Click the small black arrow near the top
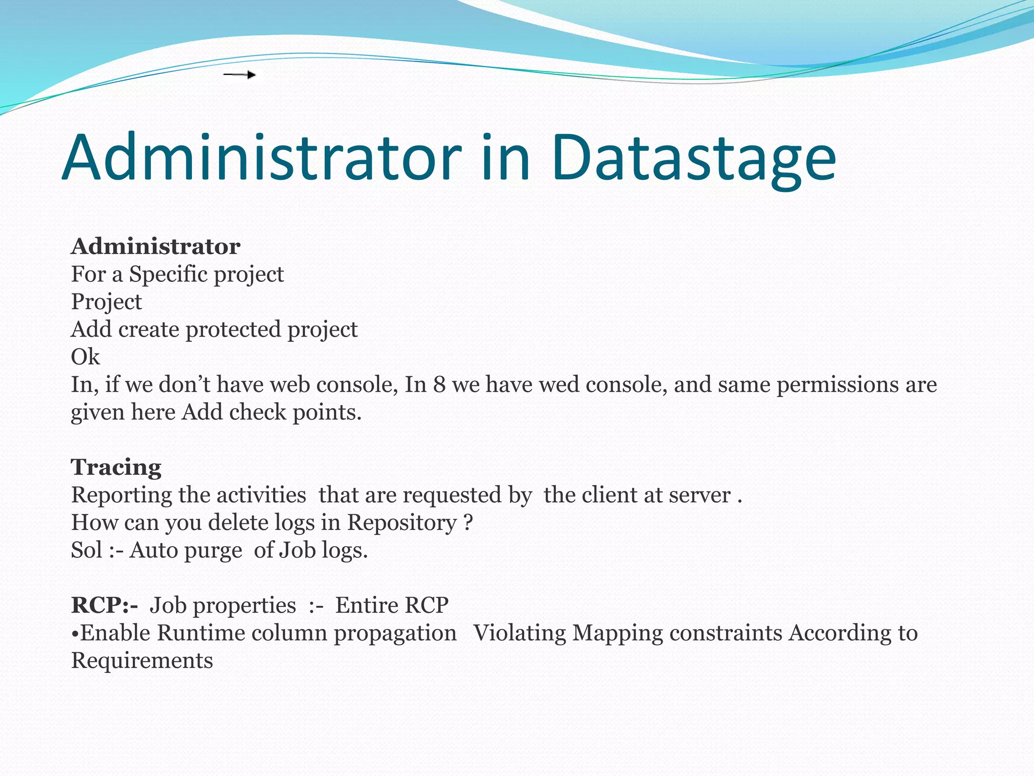(240, 75)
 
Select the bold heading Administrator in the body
(156, 247)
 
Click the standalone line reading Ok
(85, 357)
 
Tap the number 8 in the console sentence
(439, 385)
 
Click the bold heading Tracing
(116, 467)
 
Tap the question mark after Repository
(468, 523)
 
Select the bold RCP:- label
(104, 605)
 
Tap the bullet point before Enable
(75, 634)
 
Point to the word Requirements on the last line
(142, 661)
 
